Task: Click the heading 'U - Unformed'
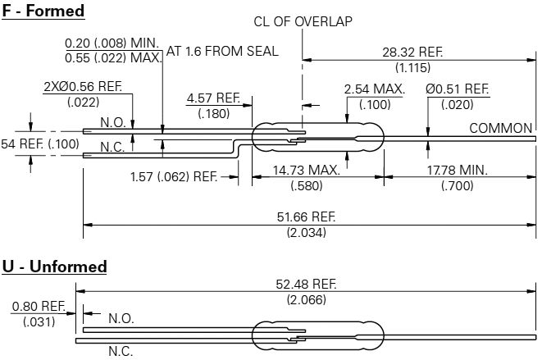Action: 54,267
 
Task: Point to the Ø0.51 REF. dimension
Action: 458,89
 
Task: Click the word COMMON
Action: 501,129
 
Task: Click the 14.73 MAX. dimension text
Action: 305,171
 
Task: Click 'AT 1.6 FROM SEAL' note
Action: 222,51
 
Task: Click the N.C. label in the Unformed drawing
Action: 121,350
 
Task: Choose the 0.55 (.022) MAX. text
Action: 114,58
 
